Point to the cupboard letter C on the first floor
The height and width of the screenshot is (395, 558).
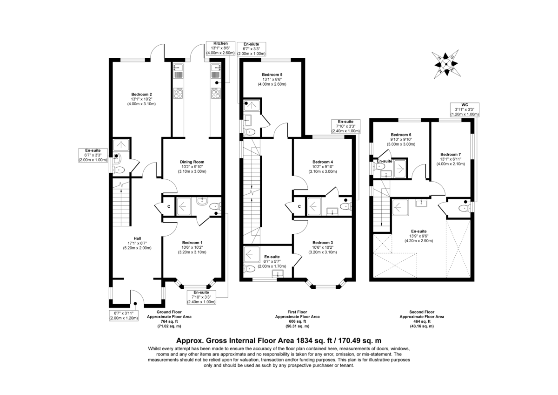[299, 206]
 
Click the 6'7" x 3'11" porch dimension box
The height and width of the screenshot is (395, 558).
[124, 315]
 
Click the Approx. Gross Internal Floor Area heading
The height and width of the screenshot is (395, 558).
[279, 341]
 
